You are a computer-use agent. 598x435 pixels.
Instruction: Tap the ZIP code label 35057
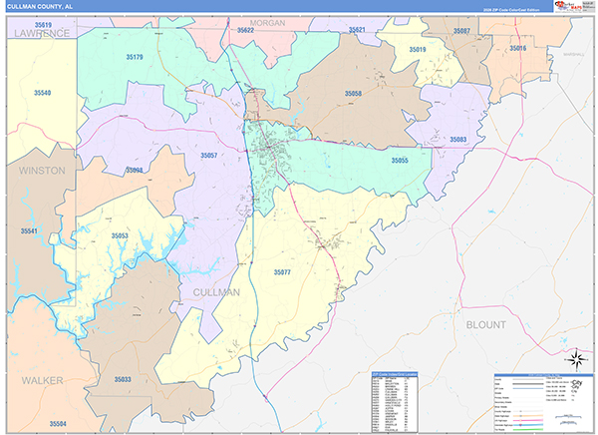tap(208, 156)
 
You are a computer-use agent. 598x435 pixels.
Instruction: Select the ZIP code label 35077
tap(282, 271)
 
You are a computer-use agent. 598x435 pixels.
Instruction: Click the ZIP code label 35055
tap(400, 161)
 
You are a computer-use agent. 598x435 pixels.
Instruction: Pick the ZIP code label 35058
tap(353, 93)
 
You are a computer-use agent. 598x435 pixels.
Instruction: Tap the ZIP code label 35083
tap(458, 139)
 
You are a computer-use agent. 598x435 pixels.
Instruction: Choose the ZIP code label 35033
tap(123, 380)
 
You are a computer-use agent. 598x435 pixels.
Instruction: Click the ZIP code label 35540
tap(42, 92)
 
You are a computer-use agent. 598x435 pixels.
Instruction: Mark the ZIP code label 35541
tap(29, 231)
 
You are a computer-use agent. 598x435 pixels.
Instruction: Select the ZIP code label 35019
tap(418, 49)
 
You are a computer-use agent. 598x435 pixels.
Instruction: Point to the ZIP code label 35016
tap(517, 48)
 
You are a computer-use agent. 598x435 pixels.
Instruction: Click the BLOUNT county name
tap(486, 324)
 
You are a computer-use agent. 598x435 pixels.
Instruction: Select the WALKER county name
tap(40, 380)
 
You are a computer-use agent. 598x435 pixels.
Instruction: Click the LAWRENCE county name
tap(41, 33)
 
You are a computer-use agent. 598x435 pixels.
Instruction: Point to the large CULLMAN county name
tap(211, 292)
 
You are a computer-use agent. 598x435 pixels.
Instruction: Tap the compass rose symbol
tap(575, 359)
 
